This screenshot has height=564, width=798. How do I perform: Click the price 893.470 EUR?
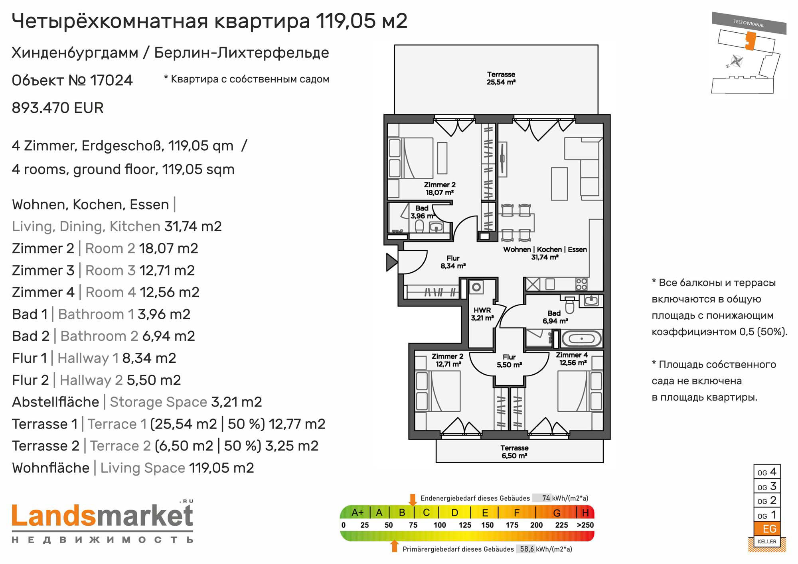click(58, 108)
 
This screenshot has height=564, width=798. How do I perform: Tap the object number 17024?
click(111, 81)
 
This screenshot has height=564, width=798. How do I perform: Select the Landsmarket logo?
click(103, 522)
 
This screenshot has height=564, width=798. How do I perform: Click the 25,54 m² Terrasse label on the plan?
click(501, 78)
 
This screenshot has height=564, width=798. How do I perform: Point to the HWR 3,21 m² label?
click(482, 314)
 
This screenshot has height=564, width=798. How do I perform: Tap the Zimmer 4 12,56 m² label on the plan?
click(572, 359)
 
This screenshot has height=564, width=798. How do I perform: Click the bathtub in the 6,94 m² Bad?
click(582, 339)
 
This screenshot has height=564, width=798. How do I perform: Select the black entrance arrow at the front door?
click(391, 262)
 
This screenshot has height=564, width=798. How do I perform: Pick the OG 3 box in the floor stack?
click(767, 486)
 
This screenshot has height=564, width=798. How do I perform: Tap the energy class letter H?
click(585, 513)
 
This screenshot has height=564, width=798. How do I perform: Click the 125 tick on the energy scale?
click(465, 525)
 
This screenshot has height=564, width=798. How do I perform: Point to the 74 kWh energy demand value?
click(546, 498)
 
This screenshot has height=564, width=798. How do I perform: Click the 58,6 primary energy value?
click(527, 549)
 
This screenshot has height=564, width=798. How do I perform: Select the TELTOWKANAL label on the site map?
click(749, 23)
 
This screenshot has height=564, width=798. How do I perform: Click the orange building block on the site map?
click(751, 41)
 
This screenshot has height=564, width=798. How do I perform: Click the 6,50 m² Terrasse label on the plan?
click(514, 452)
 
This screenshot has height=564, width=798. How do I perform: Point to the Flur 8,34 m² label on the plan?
click(453, 262)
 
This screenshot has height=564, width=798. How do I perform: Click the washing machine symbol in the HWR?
click(476, 287)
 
